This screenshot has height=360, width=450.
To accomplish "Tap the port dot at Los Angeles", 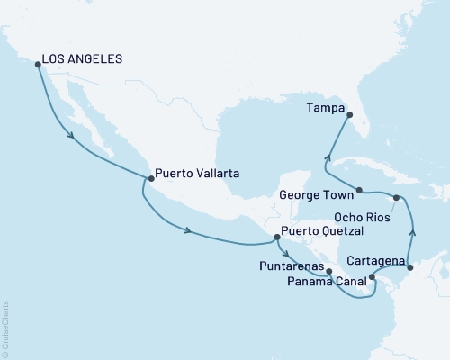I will [37, 63].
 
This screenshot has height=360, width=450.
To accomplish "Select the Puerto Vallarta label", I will [196, 174].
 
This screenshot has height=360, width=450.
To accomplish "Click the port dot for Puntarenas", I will [328, 270].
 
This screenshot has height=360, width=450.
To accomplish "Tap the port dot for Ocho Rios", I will [396, 197].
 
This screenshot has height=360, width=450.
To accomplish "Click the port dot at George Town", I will [359, 190].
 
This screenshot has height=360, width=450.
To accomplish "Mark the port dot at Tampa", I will [350, 114].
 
